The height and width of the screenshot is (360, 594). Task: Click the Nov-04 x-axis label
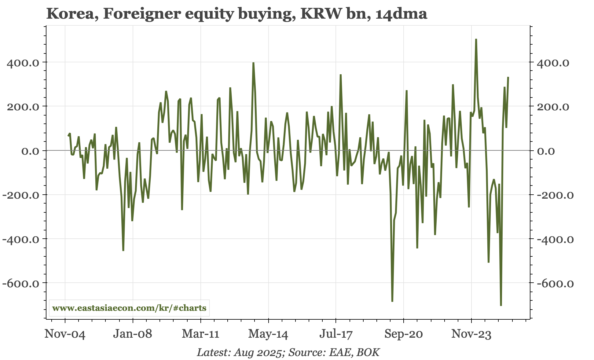[65, 334]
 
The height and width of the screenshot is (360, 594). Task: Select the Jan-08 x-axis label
[132, 334]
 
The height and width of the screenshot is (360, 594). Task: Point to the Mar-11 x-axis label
[200, 334]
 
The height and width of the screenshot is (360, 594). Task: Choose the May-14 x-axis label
[268, 334]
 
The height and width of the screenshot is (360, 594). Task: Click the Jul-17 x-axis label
[336, 334]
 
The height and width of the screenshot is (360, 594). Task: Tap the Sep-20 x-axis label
[403, 334]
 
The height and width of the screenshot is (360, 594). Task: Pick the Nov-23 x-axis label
[471, 334]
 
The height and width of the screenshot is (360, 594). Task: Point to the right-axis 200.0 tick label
[553, 107]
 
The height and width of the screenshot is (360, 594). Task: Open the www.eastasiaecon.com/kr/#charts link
[129, 308]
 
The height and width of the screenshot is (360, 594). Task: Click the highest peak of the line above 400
[476, 39]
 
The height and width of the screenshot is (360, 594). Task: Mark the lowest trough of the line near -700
[501, 305]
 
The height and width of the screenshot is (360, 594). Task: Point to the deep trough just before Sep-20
[392, 301]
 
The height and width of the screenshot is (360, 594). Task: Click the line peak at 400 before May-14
[253, 63]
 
